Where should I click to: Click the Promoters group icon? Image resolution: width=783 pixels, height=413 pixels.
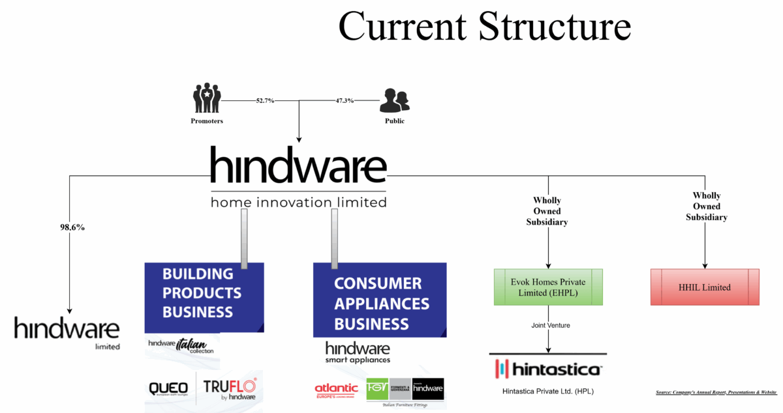[207, 98]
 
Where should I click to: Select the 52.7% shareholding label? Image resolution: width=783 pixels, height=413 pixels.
[266, 101]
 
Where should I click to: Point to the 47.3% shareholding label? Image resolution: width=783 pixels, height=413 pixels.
[345, 101]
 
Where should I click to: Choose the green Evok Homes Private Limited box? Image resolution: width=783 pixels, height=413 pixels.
[547, 287]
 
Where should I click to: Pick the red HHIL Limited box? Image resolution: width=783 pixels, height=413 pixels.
[705, 287]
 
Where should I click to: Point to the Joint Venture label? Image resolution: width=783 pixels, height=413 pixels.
[547, 324]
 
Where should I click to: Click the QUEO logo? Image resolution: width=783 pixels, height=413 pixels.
[168, 388]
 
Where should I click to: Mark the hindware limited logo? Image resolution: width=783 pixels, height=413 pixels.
[67, 332]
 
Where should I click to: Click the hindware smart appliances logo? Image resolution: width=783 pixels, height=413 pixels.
[358, 352]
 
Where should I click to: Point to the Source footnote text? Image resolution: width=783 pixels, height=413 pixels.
[716, 392]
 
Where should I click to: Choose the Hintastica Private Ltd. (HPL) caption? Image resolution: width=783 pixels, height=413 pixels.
[547, 392]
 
